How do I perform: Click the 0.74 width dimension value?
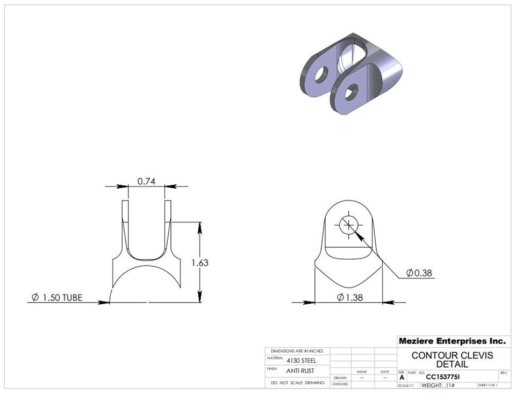click(x=146, y=181)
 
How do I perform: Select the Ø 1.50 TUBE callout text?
click(x=57, y=297)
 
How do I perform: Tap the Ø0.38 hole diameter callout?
click(x=419, y=273)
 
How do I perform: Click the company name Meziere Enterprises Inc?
click(x=452, y=341)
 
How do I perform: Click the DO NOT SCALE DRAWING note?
click(x=297, y=383)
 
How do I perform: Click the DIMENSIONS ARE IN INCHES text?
click(x=297, y=350)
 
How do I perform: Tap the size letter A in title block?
click(x=402, y=378)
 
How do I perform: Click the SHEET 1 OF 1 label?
click(x=487, y=385)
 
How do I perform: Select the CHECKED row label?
click(x=340, y=384)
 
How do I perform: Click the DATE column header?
click(x=385, y=371)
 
